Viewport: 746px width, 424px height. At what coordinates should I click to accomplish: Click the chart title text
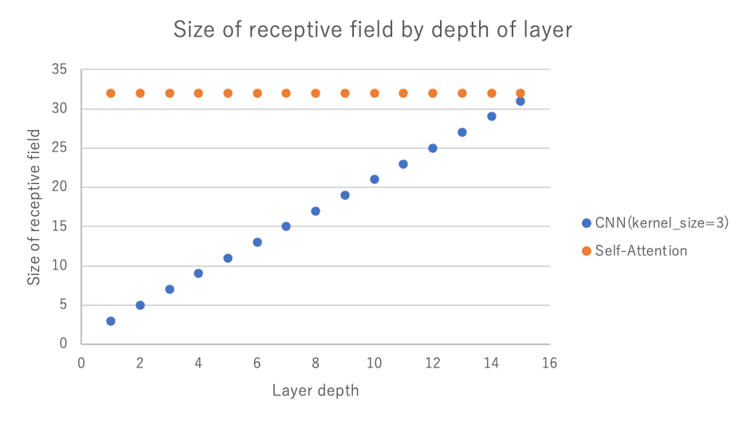tap(373, 30)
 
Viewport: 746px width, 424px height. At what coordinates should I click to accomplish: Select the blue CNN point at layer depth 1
tap(111, 321)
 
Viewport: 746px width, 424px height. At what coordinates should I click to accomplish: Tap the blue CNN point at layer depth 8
tap(316, 211)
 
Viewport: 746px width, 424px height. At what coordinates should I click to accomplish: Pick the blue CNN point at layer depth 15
tap(520, 101)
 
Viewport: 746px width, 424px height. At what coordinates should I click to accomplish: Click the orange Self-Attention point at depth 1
tap(111, 93)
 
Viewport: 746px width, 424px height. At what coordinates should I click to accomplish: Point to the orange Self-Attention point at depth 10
tap(375, 93)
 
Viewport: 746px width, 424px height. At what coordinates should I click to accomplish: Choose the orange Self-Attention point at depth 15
tap(520, 93)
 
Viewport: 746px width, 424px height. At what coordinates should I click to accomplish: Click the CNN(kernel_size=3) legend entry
tap(655, 224)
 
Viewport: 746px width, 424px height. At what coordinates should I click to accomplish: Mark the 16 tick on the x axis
tap(549, 363)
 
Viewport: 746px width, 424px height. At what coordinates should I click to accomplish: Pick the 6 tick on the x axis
tap(257, 363)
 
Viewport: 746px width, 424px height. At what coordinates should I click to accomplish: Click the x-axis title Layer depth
tap(316, 391)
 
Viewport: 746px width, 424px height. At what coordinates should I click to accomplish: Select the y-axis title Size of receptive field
tap(33, 207)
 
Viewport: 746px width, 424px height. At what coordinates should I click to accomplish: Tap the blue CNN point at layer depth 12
tap(433, 148)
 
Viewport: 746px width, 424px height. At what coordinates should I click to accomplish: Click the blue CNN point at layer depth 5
tap(228, 258)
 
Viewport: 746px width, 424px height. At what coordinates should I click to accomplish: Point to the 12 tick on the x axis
tap(433, 363)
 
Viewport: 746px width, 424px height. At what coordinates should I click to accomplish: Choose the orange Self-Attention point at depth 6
tap(257, 93)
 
